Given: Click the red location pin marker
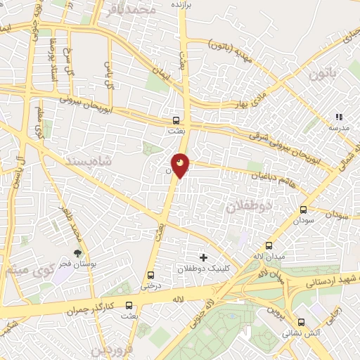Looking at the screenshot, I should coord(181,165).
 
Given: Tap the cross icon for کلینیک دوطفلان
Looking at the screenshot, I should coord(204,257).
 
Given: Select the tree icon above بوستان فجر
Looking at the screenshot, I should coord(77,253).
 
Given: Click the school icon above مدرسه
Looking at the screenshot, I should coord(339,117).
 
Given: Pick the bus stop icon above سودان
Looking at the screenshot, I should coord(304,210).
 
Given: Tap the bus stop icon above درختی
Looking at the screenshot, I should coord(150,275).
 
